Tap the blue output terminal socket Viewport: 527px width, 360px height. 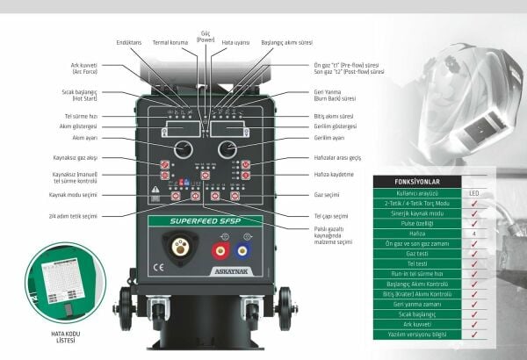point(242,249)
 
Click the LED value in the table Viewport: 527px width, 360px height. point(497,191)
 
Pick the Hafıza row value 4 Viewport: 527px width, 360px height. point(497,234)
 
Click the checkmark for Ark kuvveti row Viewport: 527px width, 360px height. point(497,324)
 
